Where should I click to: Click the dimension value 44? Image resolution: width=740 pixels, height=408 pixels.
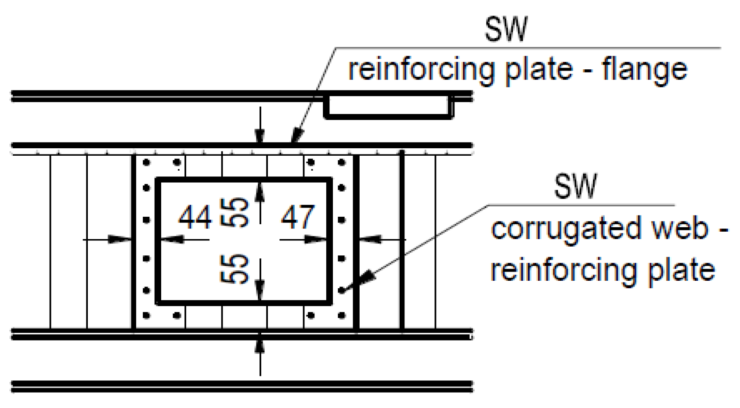(195, 217)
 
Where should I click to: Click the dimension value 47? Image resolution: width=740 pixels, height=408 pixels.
(298, 217)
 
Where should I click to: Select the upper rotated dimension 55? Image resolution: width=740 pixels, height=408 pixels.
(235, 212)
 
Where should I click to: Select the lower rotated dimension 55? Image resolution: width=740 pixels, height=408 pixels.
(235, 268)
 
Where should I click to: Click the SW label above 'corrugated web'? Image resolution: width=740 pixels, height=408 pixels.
(575, 186)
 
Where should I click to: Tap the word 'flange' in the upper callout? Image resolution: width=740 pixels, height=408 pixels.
(644, 70)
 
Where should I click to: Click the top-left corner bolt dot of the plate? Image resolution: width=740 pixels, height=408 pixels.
(146, 163)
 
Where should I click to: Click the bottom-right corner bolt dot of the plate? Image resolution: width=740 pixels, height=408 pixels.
(342, 315)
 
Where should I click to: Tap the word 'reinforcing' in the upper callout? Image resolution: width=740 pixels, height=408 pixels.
(421, 70)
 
